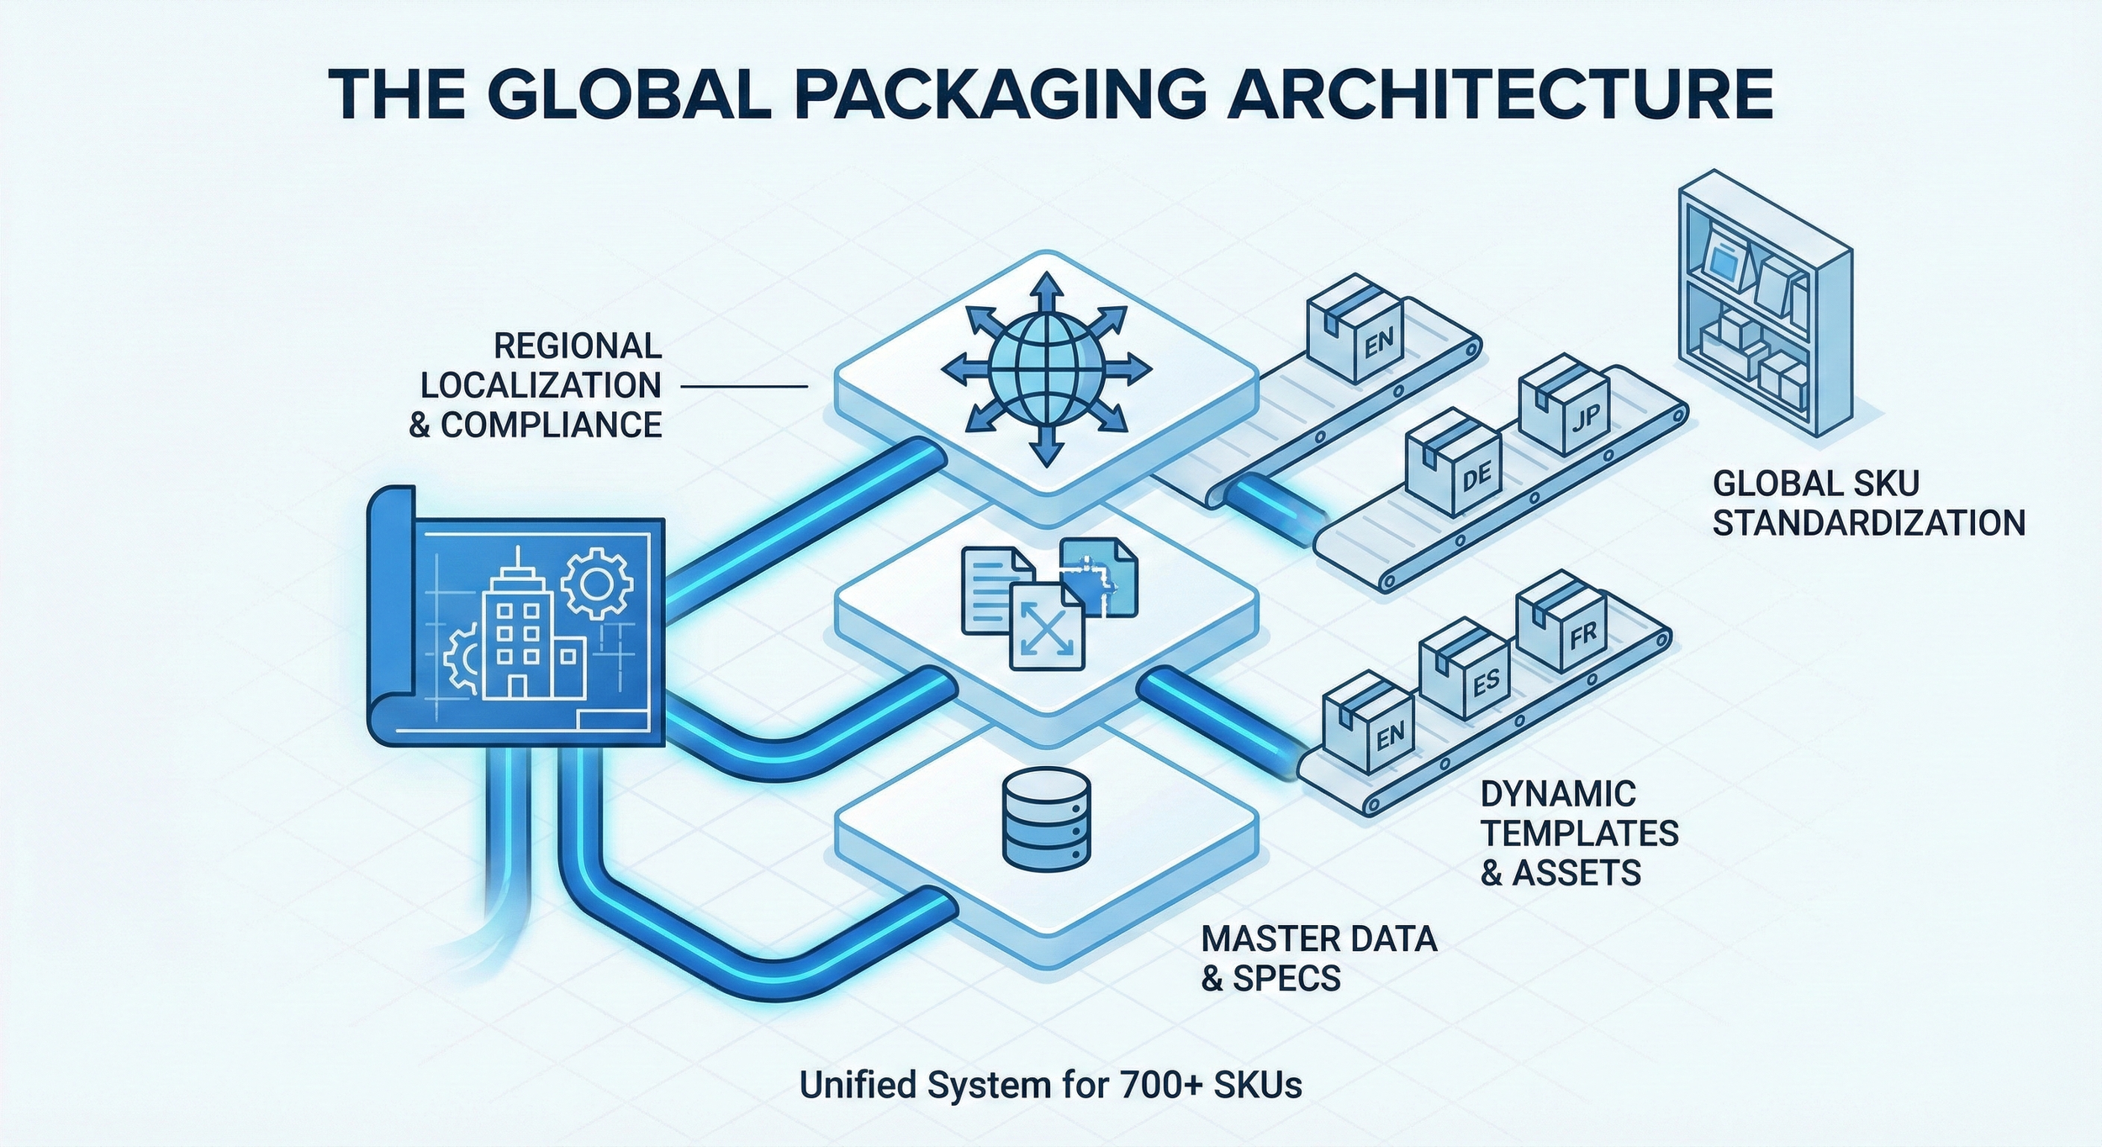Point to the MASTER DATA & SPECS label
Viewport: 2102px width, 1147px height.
(x=1318, y=958)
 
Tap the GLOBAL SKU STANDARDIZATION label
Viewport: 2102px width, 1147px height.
(x=1868, y=503)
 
